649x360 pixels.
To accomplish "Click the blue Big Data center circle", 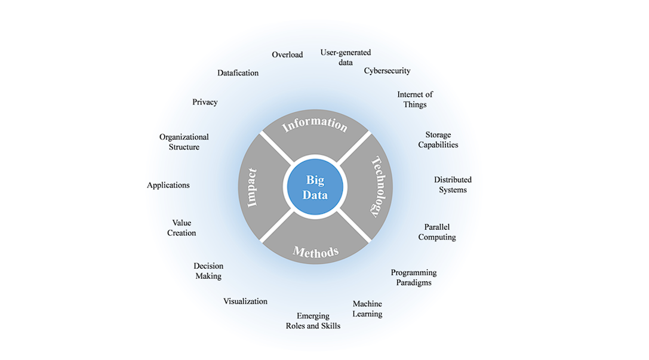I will (x=315, y=186).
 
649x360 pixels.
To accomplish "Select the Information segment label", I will (x=315, y=125).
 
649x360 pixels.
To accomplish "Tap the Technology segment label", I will (x=377, y=186).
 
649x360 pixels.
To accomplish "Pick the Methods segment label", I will (x=315, y=251).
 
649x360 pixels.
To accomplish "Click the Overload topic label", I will (x=287, y=54).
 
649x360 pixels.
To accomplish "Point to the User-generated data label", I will (x=345, y=57).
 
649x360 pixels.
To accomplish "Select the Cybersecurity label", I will (x=387, y=70).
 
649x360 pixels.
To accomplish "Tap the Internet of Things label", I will (x=414, y=99).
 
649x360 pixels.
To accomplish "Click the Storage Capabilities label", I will (x=438, y=140).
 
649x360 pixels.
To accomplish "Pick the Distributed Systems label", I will (x=453, y=184).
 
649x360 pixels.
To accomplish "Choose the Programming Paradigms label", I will (x=414, y=278).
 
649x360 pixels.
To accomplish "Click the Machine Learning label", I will (x=367, y=309).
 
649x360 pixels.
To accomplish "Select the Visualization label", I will (x=245, y=301).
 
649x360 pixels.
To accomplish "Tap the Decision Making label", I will (x=208, y=271).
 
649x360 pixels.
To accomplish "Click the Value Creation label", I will (x=182, y=228).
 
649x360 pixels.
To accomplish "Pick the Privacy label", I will (x=205, y=102).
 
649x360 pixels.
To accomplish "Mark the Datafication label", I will (x=238, y=73).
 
